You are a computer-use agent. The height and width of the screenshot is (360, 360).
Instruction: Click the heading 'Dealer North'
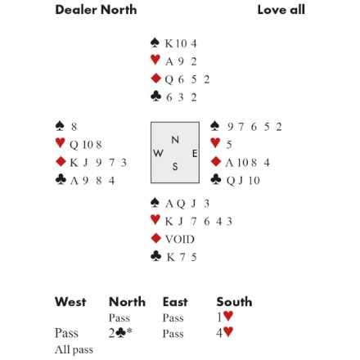tap(96, 10)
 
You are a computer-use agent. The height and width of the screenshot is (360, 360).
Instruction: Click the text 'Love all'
tap(281, 10)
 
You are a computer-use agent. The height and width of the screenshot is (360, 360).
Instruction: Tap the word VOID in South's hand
tap(180, 239)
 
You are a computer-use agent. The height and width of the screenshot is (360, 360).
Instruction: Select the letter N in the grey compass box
tap(175, 140)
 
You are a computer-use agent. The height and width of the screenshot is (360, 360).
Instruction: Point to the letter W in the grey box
tap(158, 153)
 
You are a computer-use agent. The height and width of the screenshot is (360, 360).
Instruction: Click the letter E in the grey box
tap(195, 154)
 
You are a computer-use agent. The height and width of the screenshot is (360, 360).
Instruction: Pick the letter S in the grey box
tap(175, 166)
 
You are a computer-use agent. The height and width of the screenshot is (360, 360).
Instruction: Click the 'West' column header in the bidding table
tap(70, 302)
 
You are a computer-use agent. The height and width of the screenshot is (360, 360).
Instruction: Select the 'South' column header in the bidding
tap(234, 302)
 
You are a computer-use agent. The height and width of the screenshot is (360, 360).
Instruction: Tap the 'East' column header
tap(175, 302)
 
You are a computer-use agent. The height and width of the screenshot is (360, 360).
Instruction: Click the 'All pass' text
tap(74, 349)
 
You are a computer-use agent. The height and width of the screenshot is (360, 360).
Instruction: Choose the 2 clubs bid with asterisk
tap(120, 333)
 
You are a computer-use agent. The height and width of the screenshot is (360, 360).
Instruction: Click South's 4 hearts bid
tap(225, 332)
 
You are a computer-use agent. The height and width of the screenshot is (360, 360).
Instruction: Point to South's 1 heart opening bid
tap(225, 317)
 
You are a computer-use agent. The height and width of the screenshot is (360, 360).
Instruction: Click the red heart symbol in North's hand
tap(155, 60)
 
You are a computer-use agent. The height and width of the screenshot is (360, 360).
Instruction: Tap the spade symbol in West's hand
tap(60, 125)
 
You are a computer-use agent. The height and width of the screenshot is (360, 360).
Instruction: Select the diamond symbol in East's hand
tap(216, 161)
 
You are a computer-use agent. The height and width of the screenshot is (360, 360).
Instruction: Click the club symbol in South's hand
tap(155, 256)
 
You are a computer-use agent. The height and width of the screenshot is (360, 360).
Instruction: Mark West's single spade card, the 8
tap(74, 127)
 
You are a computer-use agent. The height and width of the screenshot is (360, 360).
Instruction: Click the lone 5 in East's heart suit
tap(229, 145)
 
